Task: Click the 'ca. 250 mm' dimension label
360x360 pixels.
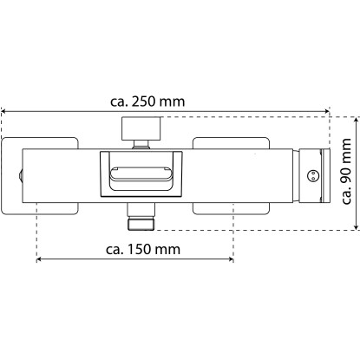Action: pos(147,101)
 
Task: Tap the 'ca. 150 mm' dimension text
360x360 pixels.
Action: pos(143,249)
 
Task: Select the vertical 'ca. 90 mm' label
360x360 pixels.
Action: pos(346,172)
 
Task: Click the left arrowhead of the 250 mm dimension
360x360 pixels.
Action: pos(3,111)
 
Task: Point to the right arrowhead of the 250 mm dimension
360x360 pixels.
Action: pos(327,111)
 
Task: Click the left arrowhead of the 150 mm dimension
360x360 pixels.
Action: pos(39,259)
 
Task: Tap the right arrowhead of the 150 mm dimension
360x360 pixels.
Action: pos(231,259)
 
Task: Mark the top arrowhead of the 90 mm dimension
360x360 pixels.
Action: pos(357,120)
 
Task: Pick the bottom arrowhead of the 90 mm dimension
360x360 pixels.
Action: pos(357,227)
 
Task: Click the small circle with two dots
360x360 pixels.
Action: pos(312,175)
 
